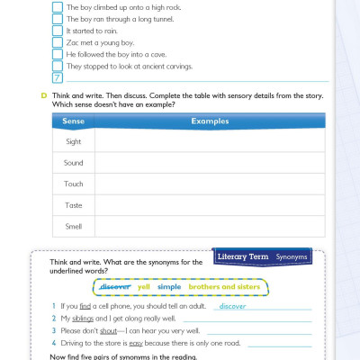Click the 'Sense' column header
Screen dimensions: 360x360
point(73,121)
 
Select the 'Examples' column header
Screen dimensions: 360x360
point(210,121)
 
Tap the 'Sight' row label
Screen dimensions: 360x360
point(73,141)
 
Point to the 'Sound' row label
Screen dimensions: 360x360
point(73,163)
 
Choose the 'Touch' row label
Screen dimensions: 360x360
point(73,184)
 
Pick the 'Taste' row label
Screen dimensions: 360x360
point(73,205)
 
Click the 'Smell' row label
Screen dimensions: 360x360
point(73,226)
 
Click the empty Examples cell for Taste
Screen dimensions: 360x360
point(209,205)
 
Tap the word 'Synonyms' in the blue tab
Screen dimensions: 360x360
point(292,256)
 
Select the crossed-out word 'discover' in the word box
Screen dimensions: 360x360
point(115,287)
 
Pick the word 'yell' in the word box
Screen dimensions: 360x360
point(144,287)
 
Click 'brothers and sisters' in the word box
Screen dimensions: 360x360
point(221,287)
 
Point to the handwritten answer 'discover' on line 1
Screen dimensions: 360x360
point(232,306)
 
